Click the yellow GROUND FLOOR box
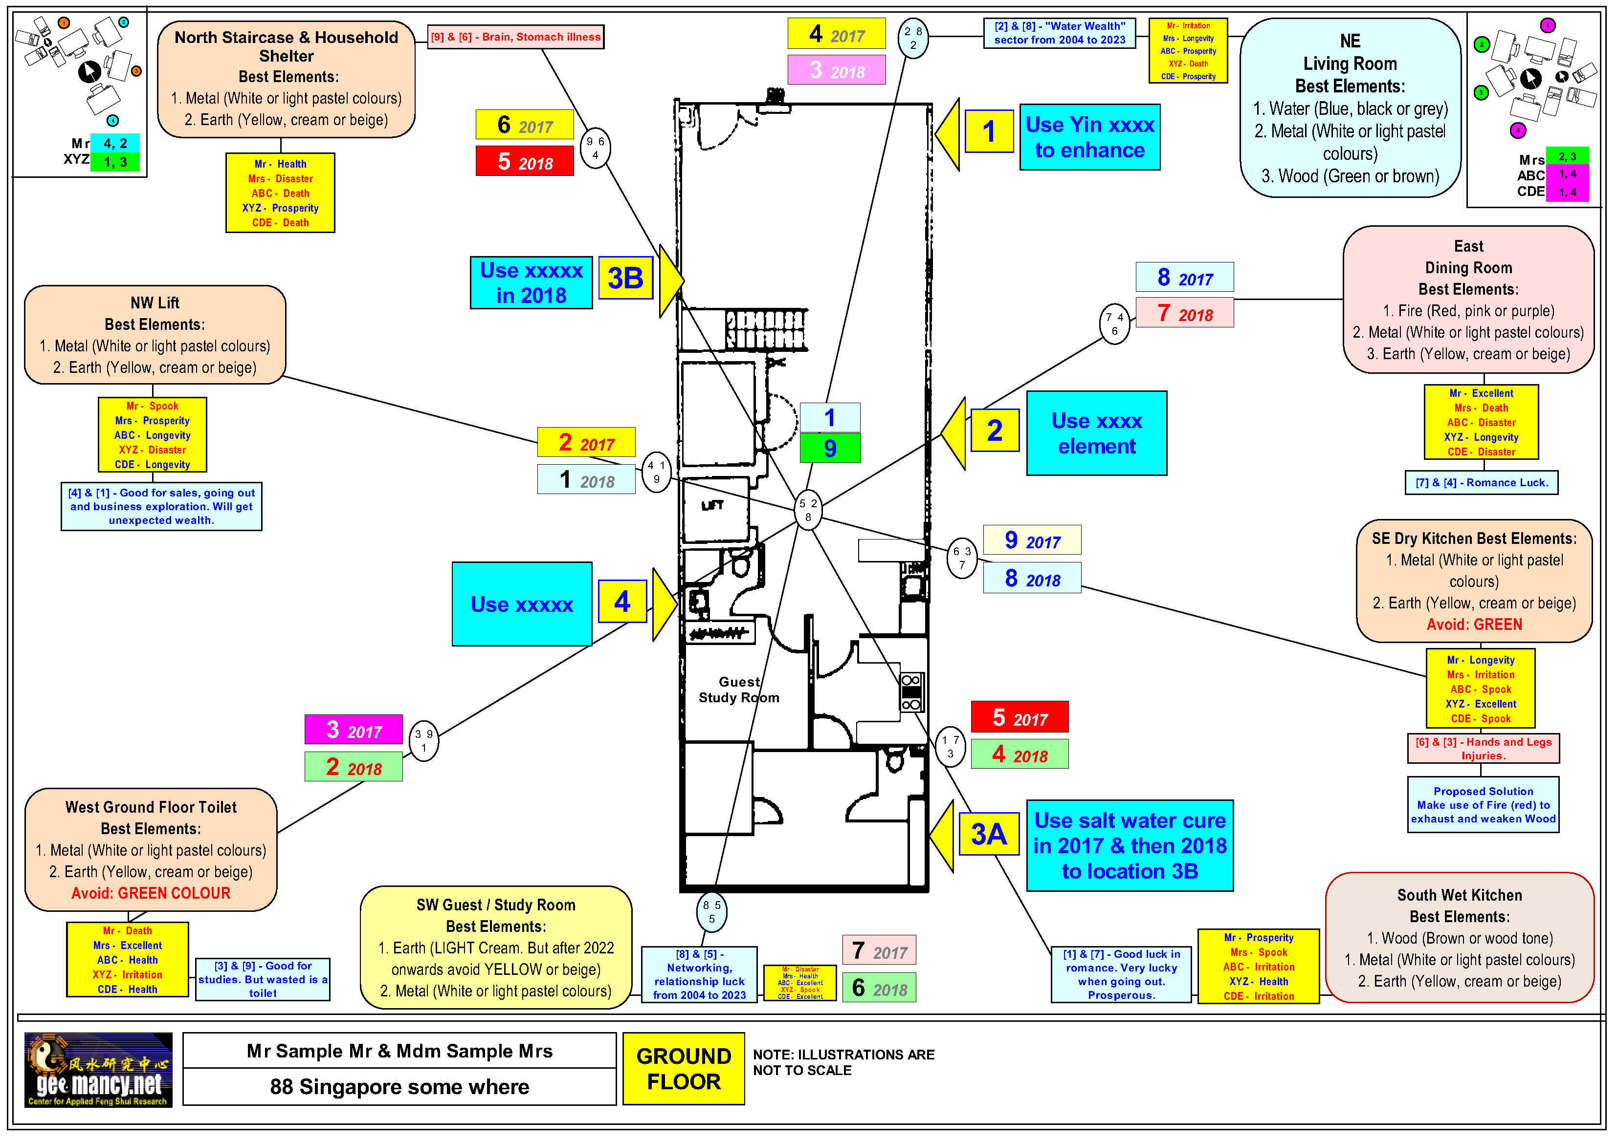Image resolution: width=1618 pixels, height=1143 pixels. click(683, 1068)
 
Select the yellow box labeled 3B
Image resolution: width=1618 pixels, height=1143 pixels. click(625, 278)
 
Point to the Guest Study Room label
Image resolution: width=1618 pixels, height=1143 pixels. click(738, 690)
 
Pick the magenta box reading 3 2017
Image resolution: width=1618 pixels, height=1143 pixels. click(353, 730)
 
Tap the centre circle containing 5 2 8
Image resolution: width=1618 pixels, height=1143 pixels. click(808, 509)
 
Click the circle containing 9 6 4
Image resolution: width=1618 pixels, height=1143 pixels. click(595, 148)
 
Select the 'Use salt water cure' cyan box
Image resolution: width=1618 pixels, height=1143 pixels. click(1129, 845)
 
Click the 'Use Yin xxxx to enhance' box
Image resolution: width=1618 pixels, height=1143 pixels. click(1089, 137)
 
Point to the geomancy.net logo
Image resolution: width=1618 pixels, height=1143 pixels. click(98, 1069)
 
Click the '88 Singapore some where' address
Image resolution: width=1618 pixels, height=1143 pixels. click(399, 1087)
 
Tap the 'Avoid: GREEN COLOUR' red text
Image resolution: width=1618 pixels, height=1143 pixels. click(151, 893)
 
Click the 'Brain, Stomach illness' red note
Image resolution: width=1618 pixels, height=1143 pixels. click(516, 37)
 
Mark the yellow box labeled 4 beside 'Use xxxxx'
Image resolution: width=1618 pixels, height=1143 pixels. click(621, 602)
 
